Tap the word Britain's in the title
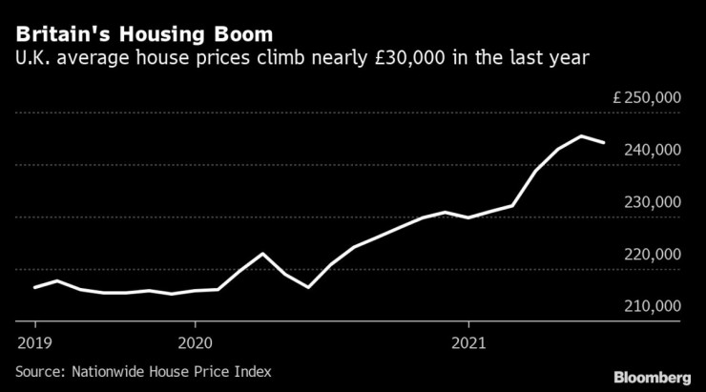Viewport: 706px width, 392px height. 58,33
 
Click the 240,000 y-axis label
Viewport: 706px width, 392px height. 654,151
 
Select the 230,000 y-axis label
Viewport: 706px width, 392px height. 654,202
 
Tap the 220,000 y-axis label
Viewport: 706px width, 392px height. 654,255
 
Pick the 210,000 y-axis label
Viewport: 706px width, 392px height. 654,306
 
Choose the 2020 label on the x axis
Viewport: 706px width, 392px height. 194,341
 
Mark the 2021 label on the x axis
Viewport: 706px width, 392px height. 468,341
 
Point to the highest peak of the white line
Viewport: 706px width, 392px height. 582,136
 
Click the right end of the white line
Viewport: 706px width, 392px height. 604,142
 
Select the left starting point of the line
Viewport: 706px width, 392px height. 34,287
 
